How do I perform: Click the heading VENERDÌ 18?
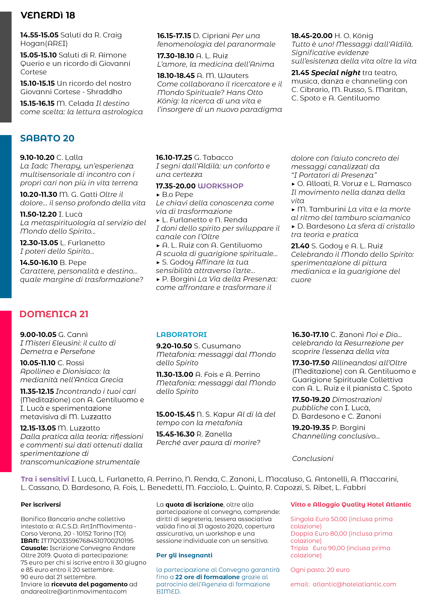click(x=48, y=15)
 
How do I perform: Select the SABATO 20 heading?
click(x=47, y=138)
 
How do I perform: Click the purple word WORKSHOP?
click(x=220, y=186)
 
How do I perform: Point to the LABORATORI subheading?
click(x=181, y=335)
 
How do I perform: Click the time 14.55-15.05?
click(x=39, y=35)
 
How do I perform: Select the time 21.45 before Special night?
click(x=300, y=72)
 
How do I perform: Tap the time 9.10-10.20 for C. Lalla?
click(x=37, y=157)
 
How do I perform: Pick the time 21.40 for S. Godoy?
click(x=300, y=246)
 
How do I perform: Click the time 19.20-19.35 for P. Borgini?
click(x=311, y=427)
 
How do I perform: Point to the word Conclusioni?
click(x=313, y=458)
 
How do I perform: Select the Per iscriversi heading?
click(x=41, y=504)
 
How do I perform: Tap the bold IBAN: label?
click(x=30, y=541)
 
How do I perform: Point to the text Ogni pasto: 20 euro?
click(x=320, y=570)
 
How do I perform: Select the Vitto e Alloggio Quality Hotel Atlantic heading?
click(x=350, y=504)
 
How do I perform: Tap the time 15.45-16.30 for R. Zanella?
click(x=175, y=434)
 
